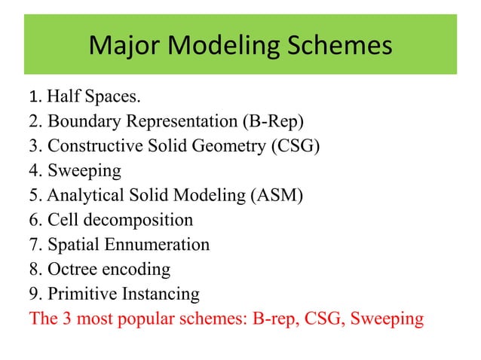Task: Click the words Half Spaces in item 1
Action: coord(93,97)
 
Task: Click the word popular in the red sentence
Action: coord(167,319)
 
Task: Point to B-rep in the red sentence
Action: coord(275,319)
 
